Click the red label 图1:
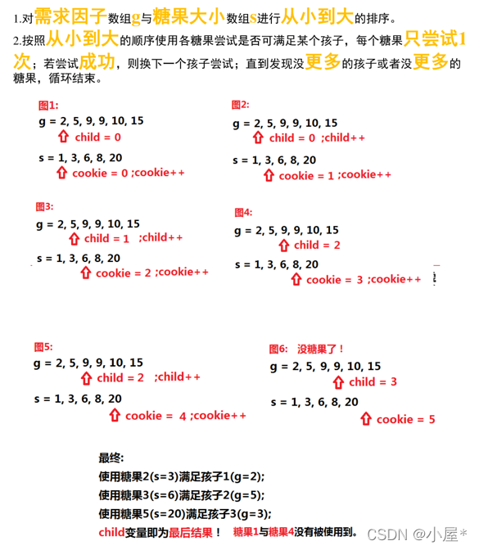[x=48, y=106]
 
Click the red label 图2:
[x=240, y=105]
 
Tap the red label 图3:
[x=44, y=206]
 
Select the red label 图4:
[x=243, y=213]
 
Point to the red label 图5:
[x=43, y=346]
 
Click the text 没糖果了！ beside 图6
[x=321, y=349]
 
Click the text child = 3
[x=373, y=382]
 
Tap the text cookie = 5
[x=405, y=420]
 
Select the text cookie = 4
[x=155, y=416]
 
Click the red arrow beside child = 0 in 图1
[x=65, y=137]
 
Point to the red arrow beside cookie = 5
[x=366, y=419]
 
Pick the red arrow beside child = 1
[x=75, y=238]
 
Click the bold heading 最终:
[x=111, y=458]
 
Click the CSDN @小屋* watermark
[x=415, y=534]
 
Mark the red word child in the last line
[x=112, y=533]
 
